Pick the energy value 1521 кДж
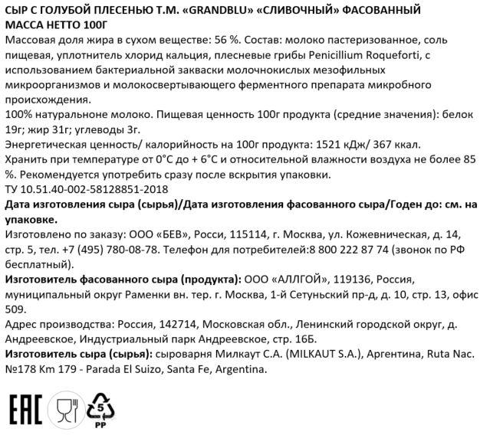point(341,144)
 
